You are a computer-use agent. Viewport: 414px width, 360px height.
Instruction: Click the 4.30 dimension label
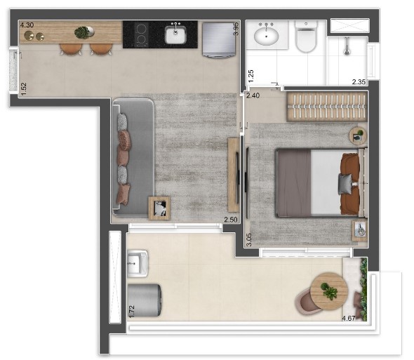[27, 25]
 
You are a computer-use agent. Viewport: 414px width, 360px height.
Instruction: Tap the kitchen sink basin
[175, 33]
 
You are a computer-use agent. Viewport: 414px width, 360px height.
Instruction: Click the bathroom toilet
[306, 39]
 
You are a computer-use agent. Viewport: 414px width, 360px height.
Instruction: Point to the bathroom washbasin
[266, 34]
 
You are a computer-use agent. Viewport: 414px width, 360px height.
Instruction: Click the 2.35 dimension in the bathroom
[359, 82]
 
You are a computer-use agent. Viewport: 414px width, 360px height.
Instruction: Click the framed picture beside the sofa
[159, 207]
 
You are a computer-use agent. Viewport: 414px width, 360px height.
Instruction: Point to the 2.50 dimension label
[229, 220]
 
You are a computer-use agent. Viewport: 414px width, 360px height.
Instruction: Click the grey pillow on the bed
[345, 184]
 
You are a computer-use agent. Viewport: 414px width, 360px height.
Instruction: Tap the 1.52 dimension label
[23, 88]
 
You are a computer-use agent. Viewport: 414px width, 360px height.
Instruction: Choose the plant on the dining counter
[83, 32]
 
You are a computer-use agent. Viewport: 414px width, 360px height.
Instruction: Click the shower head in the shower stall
[347, 47]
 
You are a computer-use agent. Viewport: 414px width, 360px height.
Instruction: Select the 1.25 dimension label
[251, 75]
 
